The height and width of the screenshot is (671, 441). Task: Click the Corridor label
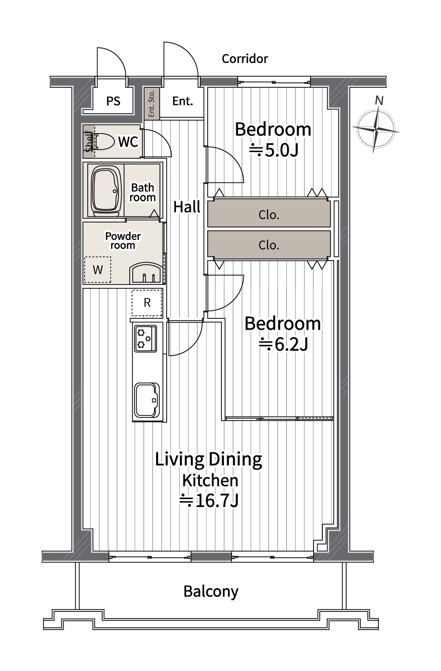(x=245, y=59)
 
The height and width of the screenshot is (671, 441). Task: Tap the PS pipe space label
(x=113, y=101)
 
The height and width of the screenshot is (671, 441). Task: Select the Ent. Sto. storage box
(x=152, y=103)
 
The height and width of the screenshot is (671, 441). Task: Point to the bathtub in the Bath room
(x=106, y=190)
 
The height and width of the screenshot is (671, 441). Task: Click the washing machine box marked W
(x=97, y=270)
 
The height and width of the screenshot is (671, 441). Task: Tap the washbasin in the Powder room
(x=146, y=273)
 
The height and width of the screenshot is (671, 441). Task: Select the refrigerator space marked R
(x=147, y=302)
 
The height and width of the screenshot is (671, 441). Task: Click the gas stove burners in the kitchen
(x=145, y=338)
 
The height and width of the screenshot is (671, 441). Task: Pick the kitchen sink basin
(x=146, y=399)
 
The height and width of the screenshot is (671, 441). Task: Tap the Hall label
(x=187, y=207)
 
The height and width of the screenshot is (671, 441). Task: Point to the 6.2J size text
(x=284, y=344)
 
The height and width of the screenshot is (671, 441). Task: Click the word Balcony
(x=211, y=591)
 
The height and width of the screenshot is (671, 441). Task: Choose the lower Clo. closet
(x=269, y=245)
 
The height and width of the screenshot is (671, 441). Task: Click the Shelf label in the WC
(x=89, y=142)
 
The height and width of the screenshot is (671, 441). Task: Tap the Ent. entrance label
(x=183, y=101)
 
